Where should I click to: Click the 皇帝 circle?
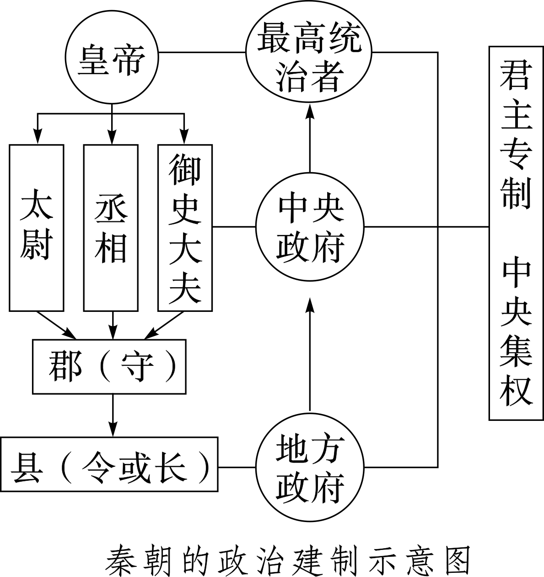[x=112, y=60]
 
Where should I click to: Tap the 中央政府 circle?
[x=310, y=226]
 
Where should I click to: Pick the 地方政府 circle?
[x=310, y=468]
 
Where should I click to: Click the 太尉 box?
[x=37, y=228]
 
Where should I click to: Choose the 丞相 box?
[x=111, y=228]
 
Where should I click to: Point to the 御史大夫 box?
[x=185, y=228]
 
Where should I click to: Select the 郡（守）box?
[x=109, y=366]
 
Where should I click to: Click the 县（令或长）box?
[x=110, y=464]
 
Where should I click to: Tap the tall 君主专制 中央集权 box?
[x=516, y=233]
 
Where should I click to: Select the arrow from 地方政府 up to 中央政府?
[x=310, y=353]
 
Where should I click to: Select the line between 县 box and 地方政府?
[x=237, y=468]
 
